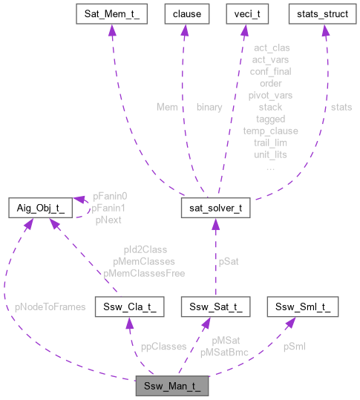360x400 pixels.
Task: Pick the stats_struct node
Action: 323,14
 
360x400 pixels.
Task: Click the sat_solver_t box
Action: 216,209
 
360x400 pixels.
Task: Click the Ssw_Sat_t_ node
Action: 216,306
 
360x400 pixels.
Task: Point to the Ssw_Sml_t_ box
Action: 307,306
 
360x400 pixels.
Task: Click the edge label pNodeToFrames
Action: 50,306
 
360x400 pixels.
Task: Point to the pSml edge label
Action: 294,347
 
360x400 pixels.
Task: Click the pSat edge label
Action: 228,261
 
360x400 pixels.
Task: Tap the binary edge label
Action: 209,107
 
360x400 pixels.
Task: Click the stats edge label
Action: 341,107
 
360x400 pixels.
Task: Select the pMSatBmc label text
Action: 223,353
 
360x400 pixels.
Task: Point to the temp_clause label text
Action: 269,131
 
